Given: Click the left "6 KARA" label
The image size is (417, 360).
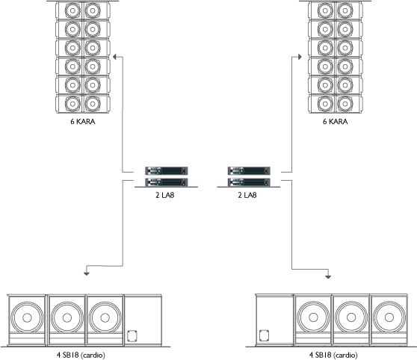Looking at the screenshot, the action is [83, 122].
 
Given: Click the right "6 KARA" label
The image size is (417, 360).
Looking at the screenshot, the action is [335, 122].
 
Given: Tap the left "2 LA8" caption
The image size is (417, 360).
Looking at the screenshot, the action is [165, 195].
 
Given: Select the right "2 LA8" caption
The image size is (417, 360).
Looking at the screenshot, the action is [247, 195].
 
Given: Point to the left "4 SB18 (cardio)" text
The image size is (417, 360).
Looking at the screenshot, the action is [81, 355].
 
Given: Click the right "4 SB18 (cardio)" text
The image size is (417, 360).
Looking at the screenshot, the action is [333, 355].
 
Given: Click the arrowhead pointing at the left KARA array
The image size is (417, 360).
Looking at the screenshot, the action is [114, 57].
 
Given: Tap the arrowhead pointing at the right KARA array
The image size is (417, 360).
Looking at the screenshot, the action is [300, 57].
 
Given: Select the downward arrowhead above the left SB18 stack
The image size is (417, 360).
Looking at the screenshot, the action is [87, 273].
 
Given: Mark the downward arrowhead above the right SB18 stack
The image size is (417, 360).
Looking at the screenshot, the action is [328, 277].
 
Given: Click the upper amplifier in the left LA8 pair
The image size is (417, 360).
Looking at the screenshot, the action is [166, 170].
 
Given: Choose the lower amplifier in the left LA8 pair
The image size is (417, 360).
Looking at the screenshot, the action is [166, 182].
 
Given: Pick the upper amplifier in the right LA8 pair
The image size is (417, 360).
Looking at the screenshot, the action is [249, 170].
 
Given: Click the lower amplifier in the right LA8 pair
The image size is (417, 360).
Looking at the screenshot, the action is [249, 182].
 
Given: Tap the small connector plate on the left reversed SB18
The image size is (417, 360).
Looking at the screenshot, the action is [132, 336].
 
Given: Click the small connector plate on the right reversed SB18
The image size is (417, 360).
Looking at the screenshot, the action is [264, 336].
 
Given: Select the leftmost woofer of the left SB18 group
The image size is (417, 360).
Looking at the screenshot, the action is [27, 317].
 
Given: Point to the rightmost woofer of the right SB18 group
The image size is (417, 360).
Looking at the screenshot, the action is [389, 317].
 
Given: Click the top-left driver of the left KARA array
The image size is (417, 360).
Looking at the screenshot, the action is [72, 11].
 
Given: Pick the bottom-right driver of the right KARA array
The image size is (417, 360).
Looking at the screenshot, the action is [345, 104].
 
